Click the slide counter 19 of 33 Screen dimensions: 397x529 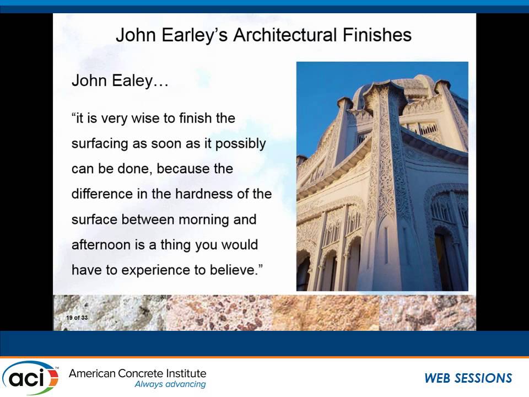[x=77, y=318]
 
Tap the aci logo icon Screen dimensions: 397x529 [x=30, y=378]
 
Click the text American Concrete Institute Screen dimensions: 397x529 [x=137, y=374]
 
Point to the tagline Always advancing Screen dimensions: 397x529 [x=170, y=384]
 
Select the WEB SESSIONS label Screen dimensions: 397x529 [x=468, y=378]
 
